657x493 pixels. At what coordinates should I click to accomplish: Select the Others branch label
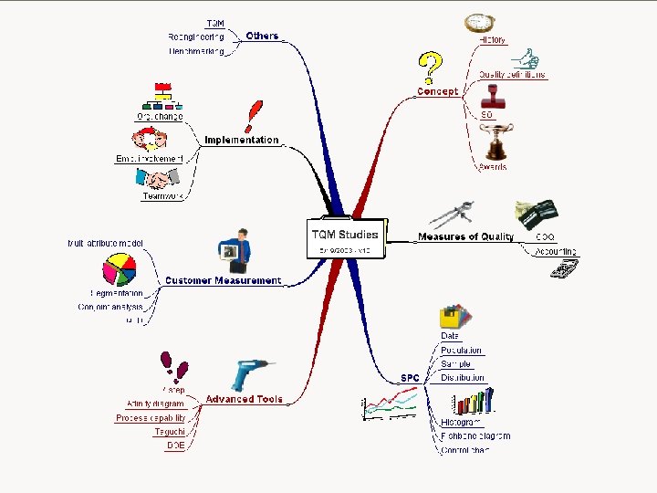tap(262, 36)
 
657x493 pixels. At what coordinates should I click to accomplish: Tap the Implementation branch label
tap(241, 140)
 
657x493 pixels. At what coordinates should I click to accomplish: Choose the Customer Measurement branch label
tap(223, 280)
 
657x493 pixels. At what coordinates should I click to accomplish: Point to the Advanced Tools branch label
tap(244, 399)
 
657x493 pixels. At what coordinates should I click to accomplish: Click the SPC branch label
tap(410, 377)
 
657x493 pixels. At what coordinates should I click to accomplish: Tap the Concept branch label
tap(437, 91)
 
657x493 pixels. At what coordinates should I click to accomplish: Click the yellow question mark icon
tap(429, 67)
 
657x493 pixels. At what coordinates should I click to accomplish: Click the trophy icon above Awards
tap(495, 142)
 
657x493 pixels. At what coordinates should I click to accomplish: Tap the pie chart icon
tap(120, 270)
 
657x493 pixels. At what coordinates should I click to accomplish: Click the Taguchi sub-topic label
tap(170, 432)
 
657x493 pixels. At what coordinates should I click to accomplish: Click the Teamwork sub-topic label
tap(162, 195)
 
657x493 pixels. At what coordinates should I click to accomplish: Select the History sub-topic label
tap(493, 40)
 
